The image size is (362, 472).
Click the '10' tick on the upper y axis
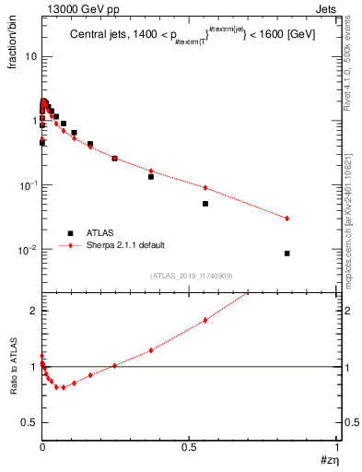pyautogui.click(x=30, y=56)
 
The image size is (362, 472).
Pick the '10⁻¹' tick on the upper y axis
pyautogui.click(x=29, y=185)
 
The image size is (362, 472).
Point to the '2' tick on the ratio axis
pyautogui.click(x=34, y=311)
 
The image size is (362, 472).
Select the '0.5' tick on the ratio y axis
pyautogui.click(x=29, y=422)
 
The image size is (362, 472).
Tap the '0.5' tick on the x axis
pyautogui.click(x=190, y=446)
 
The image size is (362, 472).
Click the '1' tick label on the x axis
pyautogui.click(x=337, y=446)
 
